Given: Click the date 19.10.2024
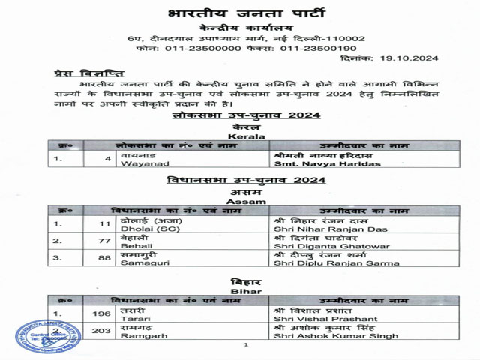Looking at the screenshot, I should (x=409, y=58).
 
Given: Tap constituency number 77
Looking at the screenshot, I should (x=106, y=241).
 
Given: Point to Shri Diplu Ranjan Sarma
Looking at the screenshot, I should (x=325, y=262).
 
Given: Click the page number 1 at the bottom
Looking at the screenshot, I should (x=245, y=345).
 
